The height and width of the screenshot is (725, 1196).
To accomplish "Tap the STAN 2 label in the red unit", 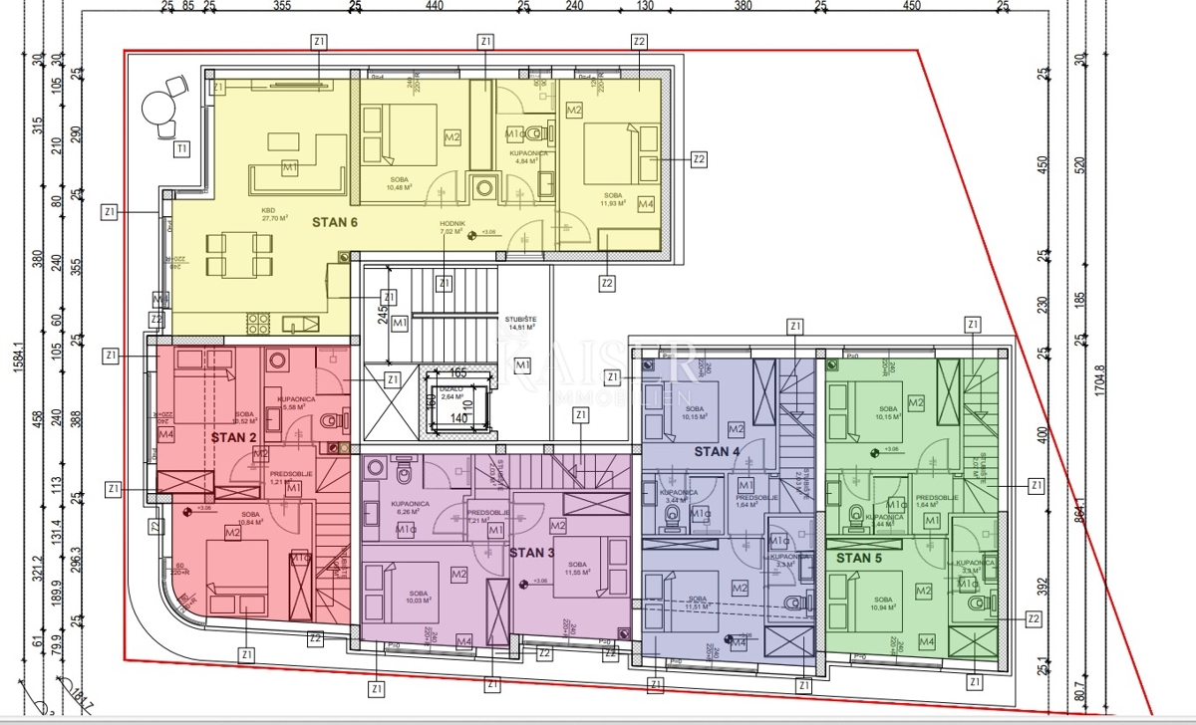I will click(233, 436).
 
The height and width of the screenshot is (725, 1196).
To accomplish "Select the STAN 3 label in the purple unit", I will click(532, 552).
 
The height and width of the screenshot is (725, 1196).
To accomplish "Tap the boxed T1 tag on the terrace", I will click(180, 150).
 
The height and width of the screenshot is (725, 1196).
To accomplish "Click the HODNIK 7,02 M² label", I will click(454, 228).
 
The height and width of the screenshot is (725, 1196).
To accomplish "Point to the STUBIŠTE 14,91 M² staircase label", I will click(520, 322).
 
